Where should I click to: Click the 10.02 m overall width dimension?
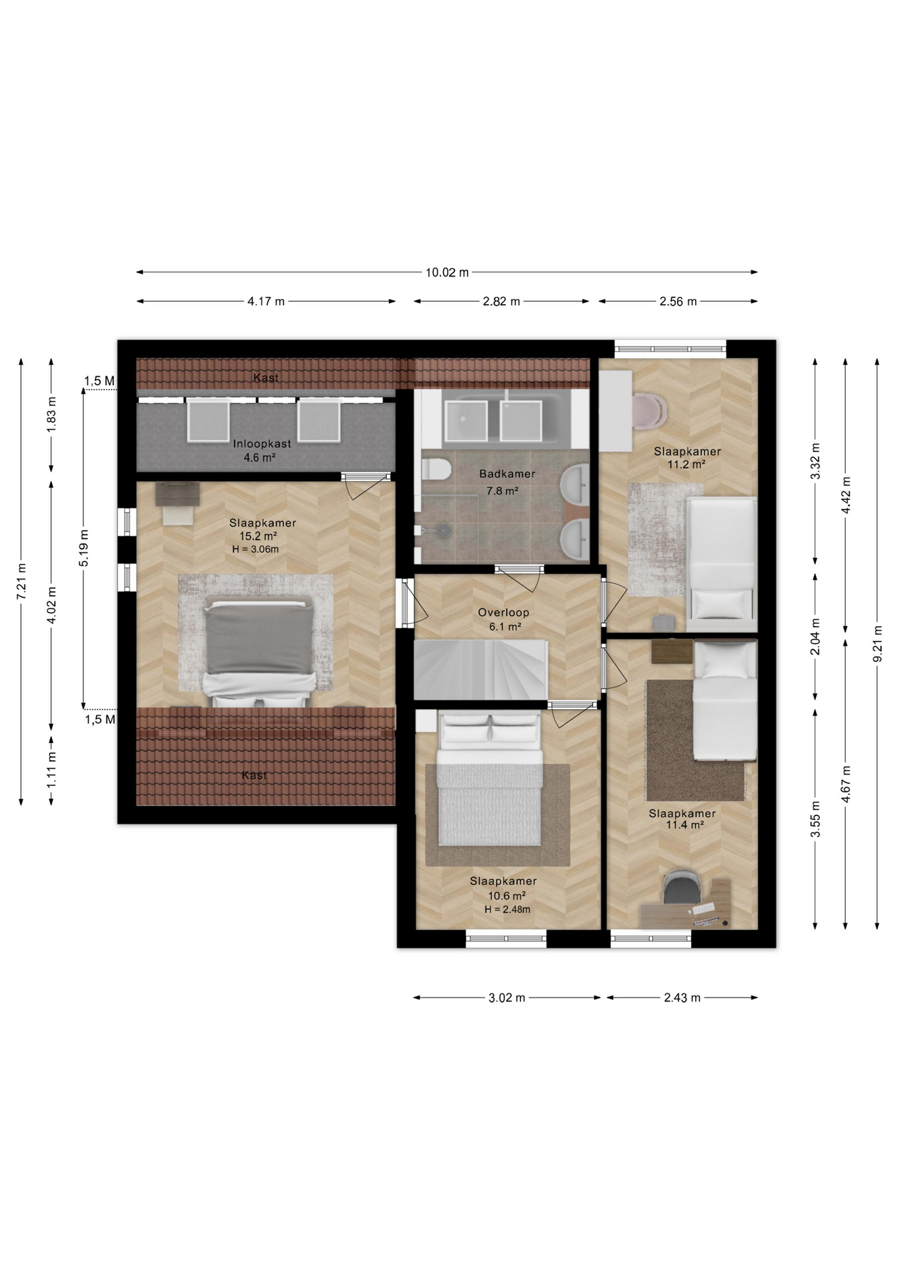coord(447,272)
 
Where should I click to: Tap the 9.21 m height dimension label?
coord(877,644)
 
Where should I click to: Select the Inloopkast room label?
coord(262,444)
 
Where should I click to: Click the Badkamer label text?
coord(507,474)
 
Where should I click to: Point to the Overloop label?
coord(504,613)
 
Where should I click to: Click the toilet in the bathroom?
coord(435,469)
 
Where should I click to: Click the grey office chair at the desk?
coord(681,888)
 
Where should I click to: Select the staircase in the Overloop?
coord(480,669)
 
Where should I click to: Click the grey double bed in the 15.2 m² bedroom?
coord(258,651)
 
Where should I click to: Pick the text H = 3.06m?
coord(255,549)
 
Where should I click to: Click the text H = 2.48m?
coord(507,910)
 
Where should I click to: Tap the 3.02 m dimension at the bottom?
coord(507,997)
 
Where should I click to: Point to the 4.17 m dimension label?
coord(266,302)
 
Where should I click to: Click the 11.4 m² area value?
coord(684,825)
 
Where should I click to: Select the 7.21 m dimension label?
coord(21,581)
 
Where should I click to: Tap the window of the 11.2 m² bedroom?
coord(671,349)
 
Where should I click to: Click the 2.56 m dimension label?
coord(678,302)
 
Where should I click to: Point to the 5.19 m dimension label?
coord(84,548)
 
